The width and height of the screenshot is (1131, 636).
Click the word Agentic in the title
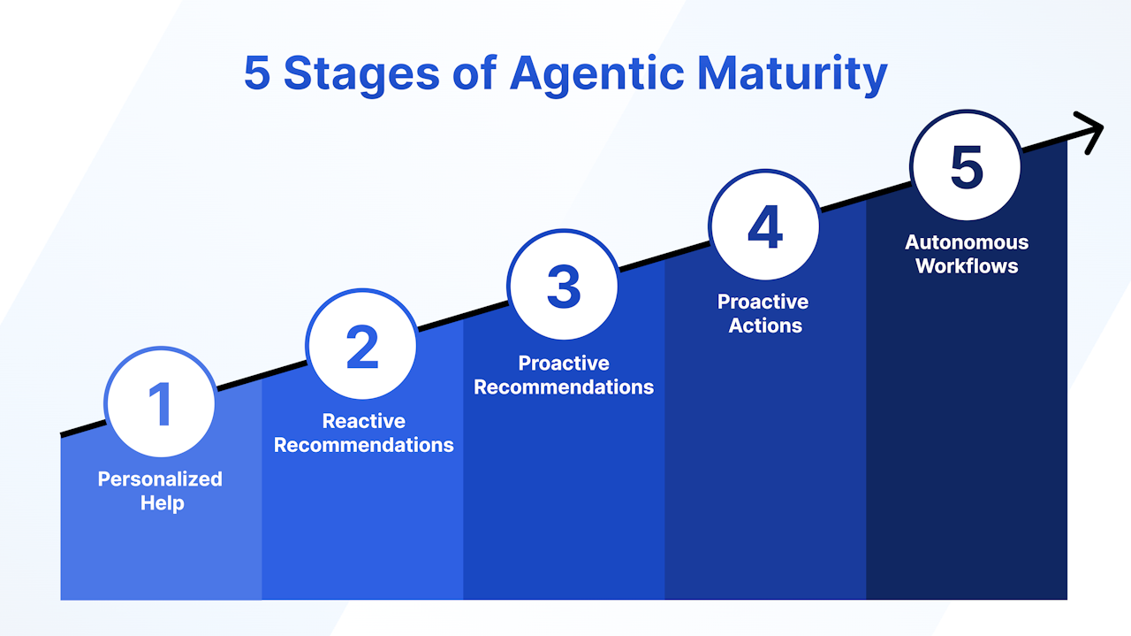(x=597, y=75)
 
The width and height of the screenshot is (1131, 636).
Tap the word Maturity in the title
(x=793, y=75)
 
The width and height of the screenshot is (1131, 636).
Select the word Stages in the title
(x=361, y=75)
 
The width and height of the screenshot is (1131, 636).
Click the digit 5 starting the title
(x=257, y=73)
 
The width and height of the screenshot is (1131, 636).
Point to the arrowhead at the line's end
(x=1090, y=133)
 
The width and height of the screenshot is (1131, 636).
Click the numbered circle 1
(x=161, y=402)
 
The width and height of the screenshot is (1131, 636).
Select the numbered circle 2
(x=361, y=344)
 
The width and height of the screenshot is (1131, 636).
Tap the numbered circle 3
(x=564, y=285)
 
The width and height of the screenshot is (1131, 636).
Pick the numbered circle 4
(x=765, y=226)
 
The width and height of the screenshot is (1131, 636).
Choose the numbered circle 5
(x=967, y=166)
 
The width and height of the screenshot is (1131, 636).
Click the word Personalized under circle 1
(x=160, y=479)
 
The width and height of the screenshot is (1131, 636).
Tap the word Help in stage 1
(x=162, y=503)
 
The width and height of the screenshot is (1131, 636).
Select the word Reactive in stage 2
(x=363, y=421)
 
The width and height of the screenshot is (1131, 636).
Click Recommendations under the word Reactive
(x=363, y=445)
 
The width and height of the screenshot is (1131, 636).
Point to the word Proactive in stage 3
(x=564, y=363)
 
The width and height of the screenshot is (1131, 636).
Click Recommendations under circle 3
(x=564, y=387)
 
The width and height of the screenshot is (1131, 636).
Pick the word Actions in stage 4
(x=765, y=326)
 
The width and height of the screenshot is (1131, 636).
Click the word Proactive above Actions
(x=763, y=302)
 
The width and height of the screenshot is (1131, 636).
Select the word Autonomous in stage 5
(x=967, y=242)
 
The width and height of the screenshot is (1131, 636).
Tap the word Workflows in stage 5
(x=967, y=266)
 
